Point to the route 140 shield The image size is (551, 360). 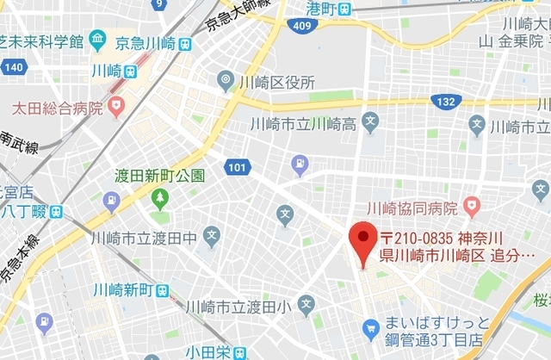pos(14,66)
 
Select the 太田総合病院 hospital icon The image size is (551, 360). pos(117,109)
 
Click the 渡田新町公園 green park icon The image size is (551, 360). pos(160,198)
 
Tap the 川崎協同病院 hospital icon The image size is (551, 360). pos(470,207)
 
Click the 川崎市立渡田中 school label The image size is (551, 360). pos(143,238)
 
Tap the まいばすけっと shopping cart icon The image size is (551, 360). pos(371,328)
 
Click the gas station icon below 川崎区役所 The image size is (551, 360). pos(299,163)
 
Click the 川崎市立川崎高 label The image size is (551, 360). pos(301,124)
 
